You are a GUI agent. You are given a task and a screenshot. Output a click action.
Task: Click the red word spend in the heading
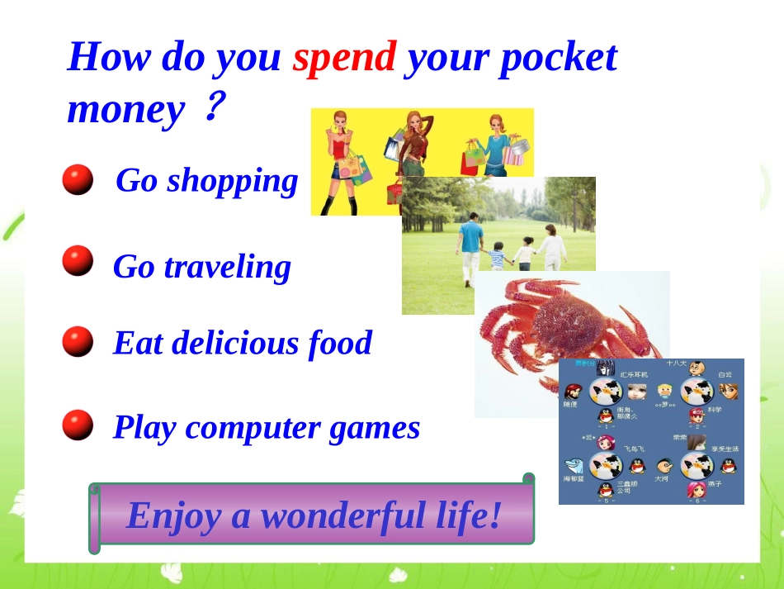coord(345,57)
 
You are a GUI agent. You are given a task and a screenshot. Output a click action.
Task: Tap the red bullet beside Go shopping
coord(78,179)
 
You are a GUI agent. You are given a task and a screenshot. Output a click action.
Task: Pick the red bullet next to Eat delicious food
coord(78,341)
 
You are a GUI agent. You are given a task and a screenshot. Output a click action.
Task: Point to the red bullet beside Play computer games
coord(78,425)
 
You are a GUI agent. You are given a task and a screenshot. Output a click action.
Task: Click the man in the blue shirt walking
coord(470,244)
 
